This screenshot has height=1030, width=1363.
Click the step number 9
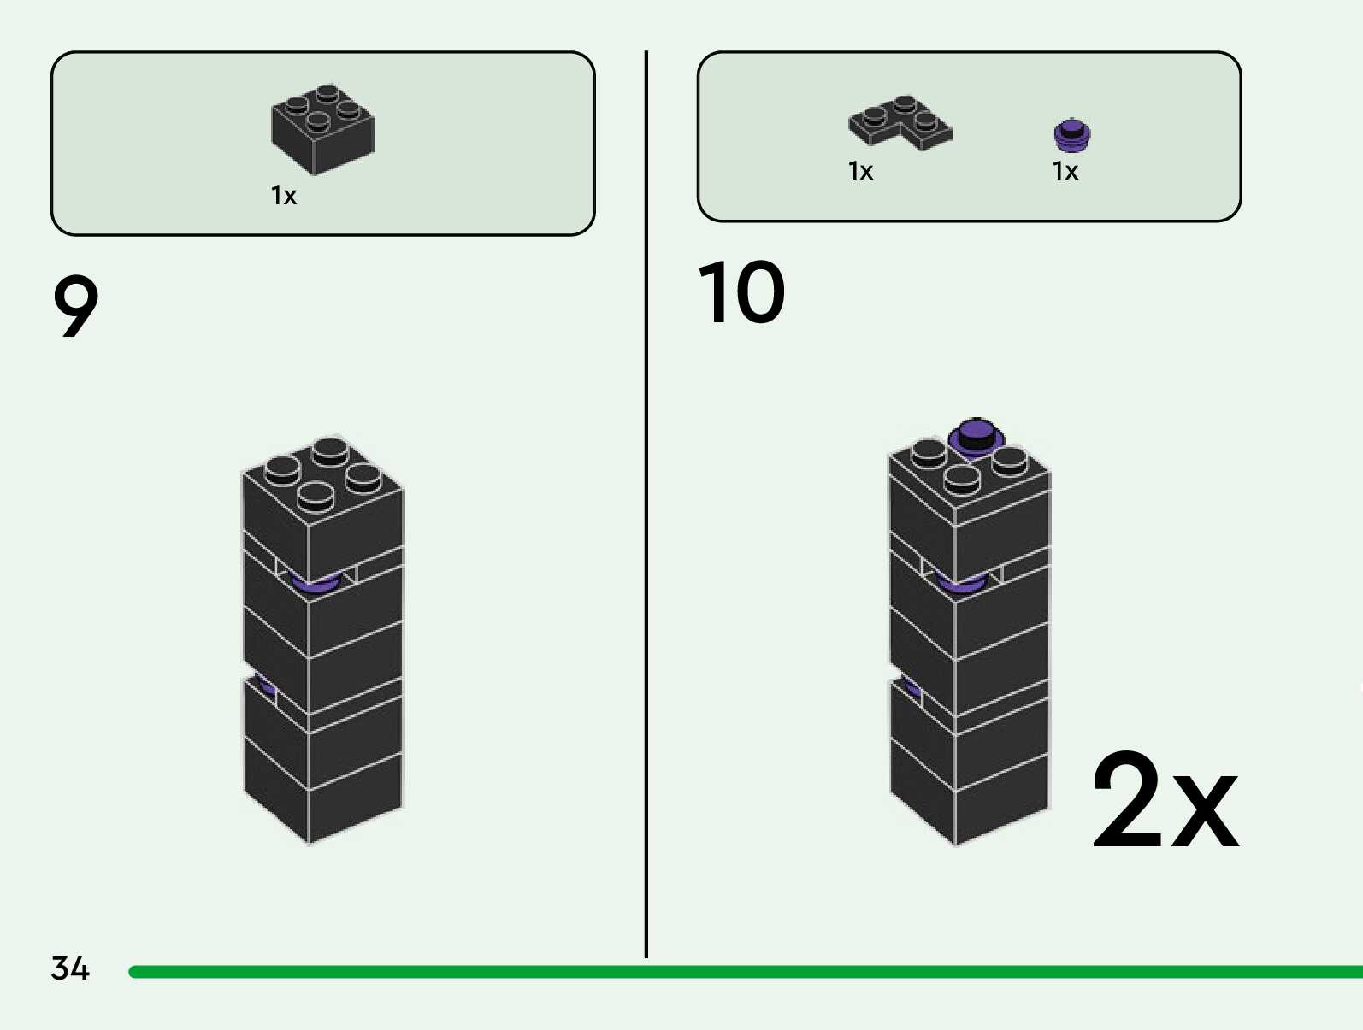tap(75, 306)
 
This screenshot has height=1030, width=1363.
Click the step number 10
tap(741, 293)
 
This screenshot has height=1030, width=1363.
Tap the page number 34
tap(70, 968)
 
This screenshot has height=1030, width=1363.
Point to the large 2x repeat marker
tap(1165, 802)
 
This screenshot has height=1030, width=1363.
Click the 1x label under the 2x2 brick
tap(284, 196)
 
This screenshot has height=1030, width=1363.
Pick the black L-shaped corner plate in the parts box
tap(900, 122)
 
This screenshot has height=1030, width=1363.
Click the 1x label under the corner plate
tap(860, 171)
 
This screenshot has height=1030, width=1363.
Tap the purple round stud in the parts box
tap(1071, 135)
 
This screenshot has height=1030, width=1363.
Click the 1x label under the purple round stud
tap(1065, 171)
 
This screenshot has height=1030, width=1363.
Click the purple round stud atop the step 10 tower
tap(976, 437)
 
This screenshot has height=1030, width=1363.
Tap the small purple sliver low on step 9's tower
tap(267, 687)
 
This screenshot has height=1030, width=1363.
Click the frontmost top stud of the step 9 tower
tap(316, 496)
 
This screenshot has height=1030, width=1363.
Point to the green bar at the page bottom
tap(744, 972)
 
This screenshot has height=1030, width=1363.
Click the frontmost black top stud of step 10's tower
tap(962, 479)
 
